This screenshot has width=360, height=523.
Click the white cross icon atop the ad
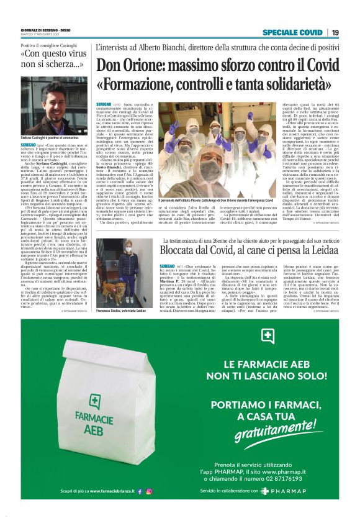pos(268,337)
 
